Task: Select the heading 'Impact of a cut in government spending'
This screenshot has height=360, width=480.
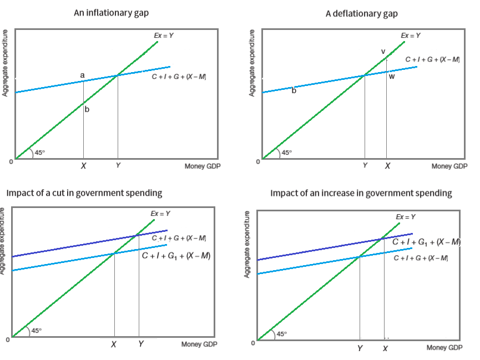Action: tap(84, 193)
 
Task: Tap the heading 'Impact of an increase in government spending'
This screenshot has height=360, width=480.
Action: tap(361, 193)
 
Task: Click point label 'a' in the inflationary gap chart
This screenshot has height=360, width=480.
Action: tap(83, 74)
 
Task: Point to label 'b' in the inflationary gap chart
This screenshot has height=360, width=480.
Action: tap(87, 110)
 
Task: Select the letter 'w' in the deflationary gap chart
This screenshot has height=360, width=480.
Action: tap(392, 77)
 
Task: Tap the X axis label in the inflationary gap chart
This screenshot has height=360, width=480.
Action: tap(83, 166)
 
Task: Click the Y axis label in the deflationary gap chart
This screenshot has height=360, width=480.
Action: tap(365, 166)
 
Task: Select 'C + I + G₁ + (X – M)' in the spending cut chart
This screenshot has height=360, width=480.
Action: tap(176, 256)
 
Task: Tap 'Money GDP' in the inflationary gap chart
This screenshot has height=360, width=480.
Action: tap(199, 166)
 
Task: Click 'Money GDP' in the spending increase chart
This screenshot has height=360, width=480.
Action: tap(444, 348)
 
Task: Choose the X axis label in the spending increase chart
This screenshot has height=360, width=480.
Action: tap(385, 348)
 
